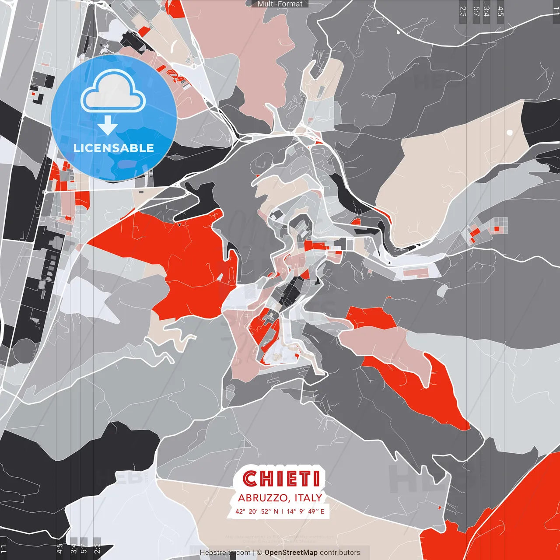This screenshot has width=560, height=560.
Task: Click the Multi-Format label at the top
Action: coord(280,4)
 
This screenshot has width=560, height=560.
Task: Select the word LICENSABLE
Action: coord(114,148)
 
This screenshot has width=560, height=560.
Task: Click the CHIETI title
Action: coord(281,479)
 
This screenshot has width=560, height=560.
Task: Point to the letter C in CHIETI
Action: coord(250,479)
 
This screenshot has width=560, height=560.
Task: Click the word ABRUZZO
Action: coord(262,498)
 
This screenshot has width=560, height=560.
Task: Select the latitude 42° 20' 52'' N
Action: coord(256,511)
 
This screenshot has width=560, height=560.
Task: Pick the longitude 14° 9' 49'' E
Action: coord(305,511)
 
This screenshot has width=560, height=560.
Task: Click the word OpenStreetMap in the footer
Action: coord(291,553)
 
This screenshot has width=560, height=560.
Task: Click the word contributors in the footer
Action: coord(340,553)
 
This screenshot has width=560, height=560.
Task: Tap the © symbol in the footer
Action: coord(259,553)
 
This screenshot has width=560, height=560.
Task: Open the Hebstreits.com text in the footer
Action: coord(225,553)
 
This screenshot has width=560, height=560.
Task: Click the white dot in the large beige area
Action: coord(509,132)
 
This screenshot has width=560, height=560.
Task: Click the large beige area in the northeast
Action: coord(446,175)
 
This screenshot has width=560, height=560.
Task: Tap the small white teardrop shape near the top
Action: coord(398,31)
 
